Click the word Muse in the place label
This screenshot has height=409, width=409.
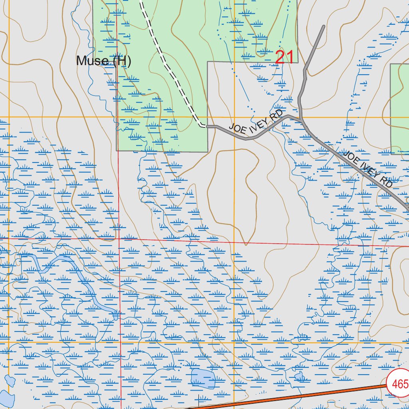click(92, 61)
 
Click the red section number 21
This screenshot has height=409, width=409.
click(285, 58)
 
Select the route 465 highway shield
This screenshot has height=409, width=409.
click(399, 384)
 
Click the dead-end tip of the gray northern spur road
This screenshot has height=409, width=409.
click(323, 27)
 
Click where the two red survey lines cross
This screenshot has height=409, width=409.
click(119, 239)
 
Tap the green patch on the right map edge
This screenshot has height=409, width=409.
click(399, 108)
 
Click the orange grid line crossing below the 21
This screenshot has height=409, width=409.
click(234, 117)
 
